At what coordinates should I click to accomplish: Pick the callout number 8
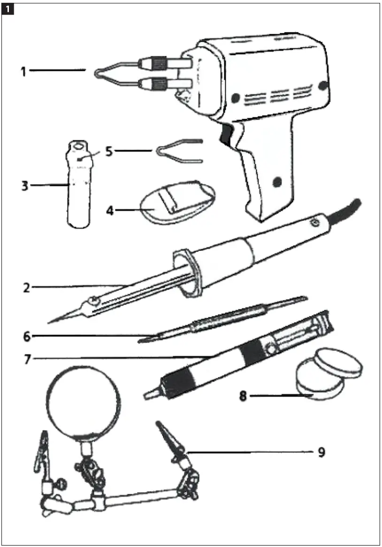pos(243,396)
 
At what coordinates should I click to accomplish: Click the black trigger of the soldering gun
pos(228,134)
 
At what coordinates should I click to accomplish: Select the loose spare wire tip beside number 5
pos(178,151)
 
